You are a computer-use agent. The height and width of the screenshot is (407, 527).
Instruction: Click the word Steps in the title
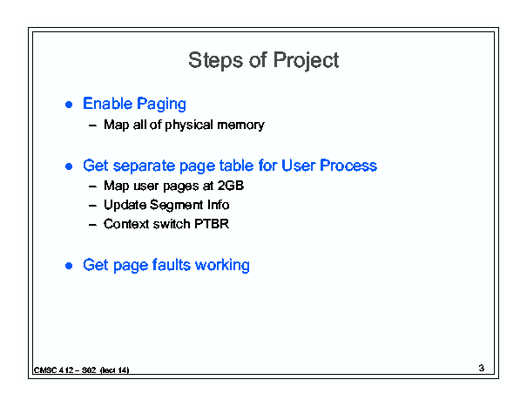pos(215,61)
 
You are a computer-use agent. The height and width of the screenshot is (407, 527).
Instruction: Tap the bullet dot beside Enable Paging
pos(69,105)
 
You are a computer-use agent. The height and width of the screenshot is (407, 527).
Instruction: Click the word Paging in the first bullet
pos(161,104)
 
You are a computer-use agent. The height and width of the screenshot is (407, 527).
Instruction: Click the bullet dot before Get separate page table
pos(69,166)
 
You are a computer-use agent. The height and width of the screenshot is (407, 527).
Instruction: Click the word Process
pos(348,166)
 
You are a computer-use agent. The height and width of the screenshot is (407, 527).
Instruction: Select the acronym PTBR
pos(212,224)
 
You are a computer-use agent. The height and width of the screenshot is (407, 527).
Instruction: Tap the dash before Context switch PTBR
pos(92,225)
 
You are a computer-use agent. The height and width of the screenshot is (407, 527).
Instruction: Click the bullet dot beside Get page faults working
pos(69,266)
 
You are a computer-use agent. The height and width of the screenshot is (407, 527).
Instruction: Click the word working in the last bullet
pos(222,266)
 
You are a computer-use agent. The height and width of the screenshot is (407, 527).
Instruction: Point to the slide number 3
pos(482,368)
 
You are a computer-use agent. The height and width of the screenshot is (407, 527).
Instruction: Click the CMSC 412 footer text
pos(81,370)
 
